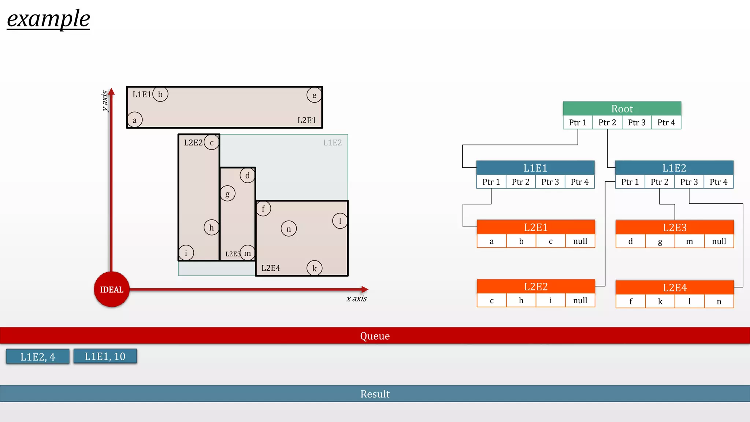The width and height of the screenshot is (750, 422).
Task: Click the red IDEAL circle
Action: [112, 289]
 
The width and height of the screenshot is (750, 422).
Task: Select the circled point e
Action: [314, 95]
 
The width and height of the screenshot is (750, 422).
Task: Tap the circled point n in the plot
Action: [289, 229]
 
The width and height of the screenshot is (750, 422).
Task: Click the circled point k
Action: [314, 268]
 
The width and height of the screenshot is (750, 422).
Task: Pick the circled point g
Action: [227, 194]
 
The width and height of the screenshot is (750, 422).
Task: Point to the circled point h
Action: [211, 227]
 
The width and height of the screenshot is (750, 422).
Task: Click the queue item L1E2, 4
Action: [38, 356]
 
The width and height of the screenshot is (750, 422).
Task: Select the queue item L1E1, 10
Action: [105, 356]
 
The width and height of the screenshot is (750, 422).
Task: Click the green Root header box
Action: [622, 109]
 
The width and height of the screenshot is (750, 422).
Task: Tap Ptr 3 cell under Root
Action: [636, 123]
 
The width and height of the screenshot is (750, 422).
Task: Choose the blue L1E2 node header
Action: [674, 168]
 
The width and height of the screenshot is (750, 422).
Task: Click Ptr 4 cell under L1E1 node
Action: [579, 182]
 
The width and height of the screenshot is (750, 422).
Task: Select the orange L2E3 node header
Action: [675, 227]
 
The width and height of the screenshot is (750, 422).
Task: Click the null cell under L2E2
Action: [580, 301]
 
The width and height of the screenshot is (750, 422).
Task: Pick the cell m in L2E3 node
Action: [689, 241]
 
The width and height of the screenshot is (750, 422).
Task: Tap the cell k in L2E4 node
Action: [660, 301]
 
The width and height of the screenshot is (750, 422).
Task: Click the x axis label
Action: [356, 299]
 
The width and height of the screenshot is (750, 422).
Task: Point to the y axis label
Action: [105, 101]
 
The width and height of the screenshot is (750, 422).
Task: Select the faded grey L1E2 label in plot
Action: [332, 142]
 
